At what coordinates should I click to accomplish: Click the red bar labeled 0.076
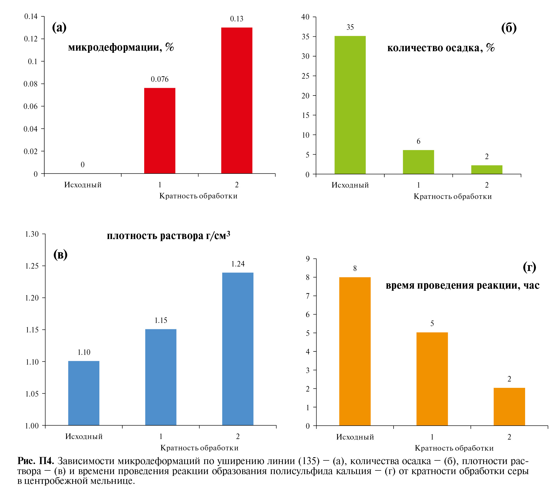coord(160,131)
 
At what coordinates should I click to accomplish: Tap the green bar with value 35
coord(350,105)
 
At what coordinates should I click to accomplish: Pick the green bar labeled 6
coord(418,162)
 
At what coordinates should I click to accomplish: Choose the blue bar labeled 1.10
coord(84,393)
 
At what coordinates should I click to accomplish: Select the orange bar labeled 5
coord(432,379)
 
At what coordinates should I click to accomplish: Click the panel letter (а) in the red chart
coord(59,27)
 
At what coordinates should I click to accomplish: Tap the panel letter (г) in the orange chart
coord(529,267)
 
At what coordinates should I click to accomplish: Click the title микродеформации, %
coord(121,47)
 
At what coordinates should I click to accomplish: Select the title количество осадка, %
coord(441,48)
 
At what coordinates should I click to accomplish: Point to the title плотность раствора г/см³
coord(168,235)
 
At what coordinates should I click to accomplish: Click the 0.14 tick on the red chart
coord(31,17)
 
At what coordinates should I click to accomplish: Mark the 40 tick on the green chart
coord(305,17)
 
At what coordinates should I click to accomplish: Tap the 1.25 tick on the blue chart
coord(32,266)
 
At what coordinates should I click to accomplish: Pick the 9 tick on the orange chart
coord(308,259)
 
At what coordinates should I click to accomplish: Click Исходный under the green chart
coord(350,185)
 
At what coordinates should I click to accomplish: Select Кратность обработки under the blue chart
coord(199,448)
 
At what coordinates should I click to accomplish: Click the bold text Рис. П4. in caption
coord(36,461)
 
